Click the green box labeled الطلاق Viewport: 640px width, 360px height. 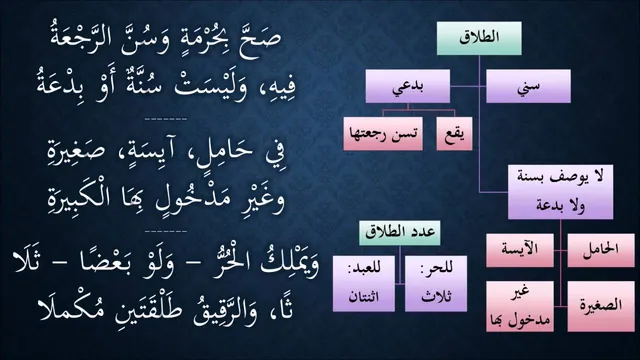point(479,38)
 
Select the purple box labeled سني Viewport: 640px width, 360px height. point(528,86)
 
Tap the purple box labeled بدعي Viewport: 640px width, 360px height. point(408,86)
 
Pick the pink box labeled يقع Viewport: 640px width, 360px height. point(454,134)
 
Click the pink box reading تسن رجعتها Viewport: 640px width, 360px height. point(383,134)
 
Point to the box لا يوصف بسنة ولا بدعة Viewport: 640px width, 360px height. point(560,192)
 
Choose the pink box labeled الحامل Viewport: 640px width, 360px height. point(601,251)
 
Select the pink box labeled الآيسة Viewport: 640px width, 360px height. point(520,251)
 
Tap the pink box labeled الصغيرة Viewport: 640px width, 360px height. point(601,306)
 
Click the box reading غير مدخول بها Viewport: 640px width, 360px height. point(520,306)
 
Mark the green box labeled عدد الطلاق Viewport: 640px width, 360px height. point(400,233)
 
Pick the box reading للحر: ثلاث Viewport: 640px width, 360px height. point(436,284)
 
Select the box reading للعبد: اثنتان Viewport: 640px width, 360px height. point(364,284)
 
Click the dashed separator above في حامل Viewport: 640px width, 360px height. point(166,119)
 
